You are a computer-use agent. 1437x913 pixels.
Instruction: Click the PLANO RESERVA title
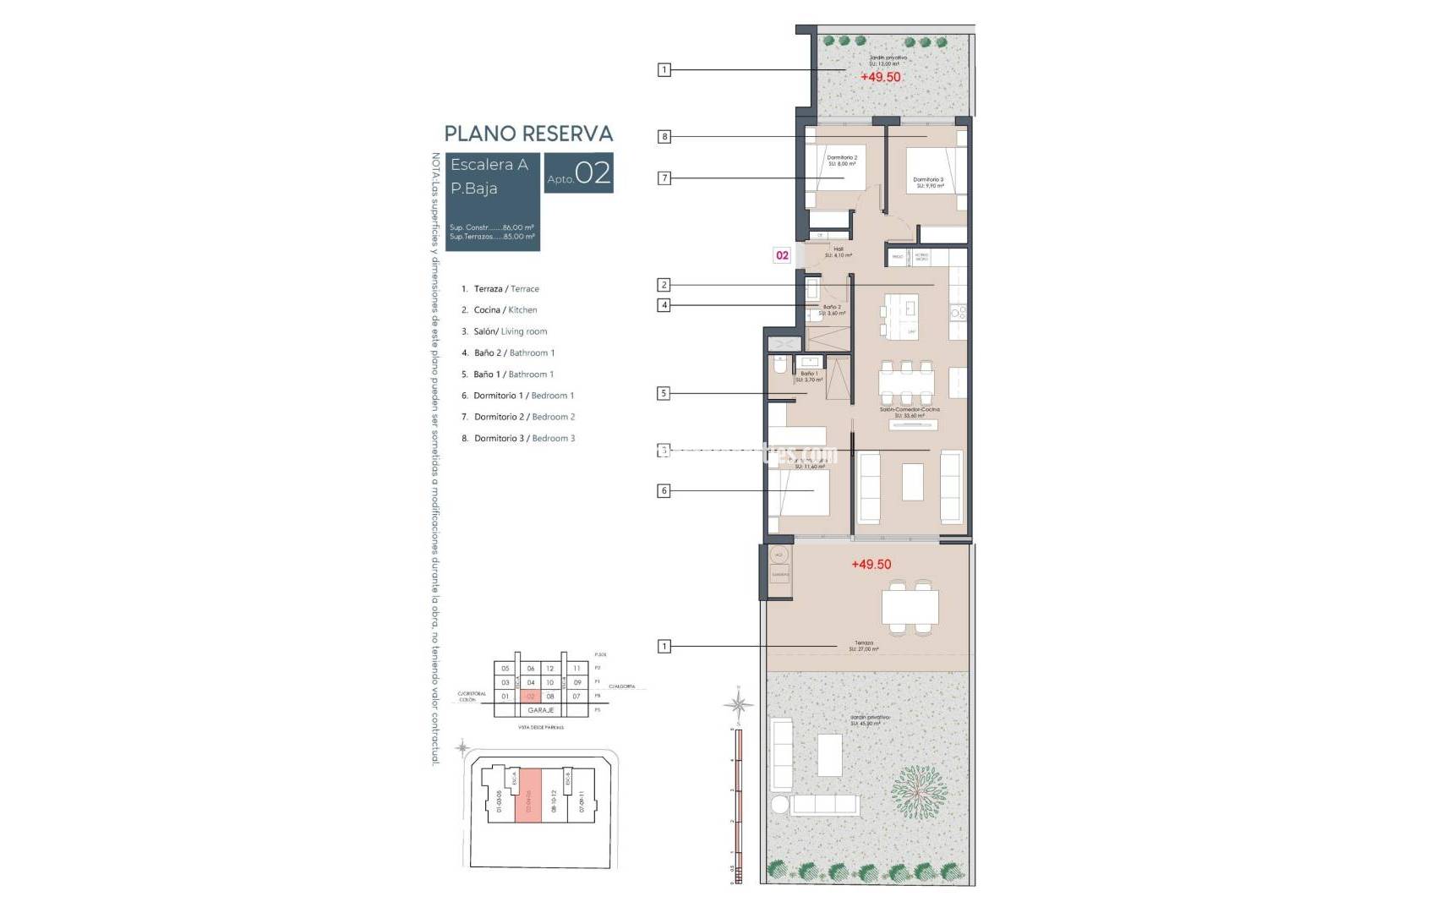tap(528, 134)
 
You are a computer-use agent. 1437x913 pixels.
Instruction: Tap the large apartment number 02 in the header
tap(593, 173)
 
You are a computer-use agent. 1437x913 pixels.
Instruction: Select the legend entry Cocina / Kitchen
tap(505, 310)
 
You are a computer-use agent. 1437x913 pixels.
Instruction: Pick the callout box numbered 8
tap(664, 137)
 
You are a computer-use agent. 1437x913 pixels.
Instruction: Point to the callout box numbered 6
tap(664, 491)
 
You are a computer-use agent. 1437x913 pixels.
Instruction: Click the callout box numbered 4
tap(664, 306)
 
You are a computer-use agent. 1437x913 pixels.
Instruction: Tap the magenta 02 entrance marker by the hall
tap(782, 255)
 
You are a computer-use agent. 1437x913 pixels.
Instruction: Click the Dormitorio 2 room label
tap(841, 160)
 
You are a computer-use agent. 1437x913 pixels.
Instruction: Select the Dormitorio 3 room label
tap(927, 182)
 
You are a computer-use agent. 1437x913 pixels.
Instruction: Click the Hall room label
tap(838, 252)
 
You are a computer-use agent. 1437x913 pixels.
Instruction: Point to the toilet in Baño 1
tap(779, 365)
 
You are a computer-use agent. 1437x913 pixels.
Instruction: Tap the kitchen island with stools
tap(902, 315)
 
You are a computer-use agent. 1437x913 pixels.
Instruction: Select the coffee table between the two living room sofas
tap(912, 483)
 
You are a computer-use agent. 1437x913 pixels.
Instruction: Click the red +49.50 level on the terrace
tap(871, 565)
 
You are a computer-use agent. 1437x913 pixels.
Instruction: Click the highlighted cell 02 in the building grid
tap(531, 697)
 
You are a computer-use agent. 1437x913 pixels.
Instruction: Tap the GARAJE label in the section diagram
tap(540, 710)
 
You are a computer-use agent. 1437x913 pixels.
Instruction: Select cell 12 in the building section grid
tap(550, 669)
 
